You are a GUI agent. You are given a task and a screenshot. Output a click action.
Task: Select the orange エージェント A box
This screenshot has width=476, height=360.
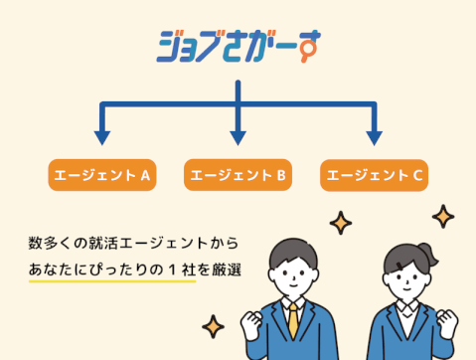pos(101,176)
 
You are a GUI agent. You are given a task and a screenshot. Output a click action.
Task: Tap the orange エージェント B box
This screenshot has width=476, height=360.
pos(238,176)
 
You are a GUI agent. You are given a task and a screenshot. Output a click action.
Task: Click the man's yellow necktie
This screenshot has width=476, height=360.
pos(293,324)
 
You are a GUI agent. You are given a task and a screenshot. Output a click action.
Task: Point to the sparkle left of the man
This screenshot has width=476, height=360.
pos(212,325)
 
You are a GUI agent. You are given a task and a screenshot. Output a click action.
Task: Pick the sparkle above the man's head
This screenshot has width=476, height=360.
pos(341,223)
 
